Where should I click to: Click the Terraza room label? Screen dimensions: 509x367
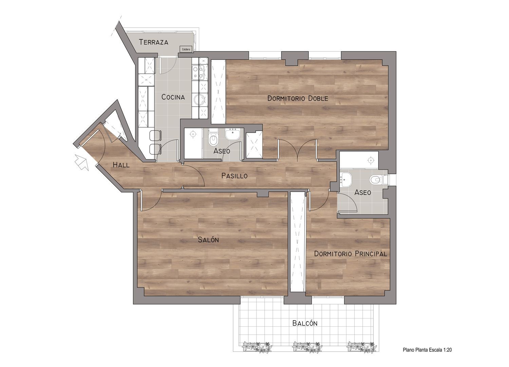pos(153,42)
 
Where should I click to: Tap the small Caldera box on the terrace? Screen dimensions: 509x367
pos(186,49)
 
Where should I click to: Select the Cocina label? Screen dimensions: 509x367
pos(173,97)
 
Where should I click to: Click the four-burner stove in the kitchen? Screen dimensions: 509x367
pos(198,72)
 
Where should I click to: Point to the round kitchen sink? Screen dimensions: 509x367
pos(200,100)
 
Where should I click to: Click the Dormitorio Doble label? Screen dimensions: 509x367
pos(298,98)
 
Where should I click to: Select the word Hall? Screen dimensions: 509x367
pos(121,165)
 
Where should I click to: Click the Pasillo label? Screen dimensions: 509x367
pos(234,176)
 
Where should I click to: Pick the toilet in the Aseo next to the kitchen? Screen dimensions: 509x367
pos(213,138)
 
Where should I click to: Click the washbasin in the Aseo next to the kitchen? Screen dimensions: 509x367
pos(232,134)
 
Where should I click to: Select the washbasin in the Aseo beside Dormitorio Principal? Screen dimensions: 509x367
pos(346,179)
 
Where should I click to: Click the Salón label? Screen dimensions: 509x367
pos(208,239)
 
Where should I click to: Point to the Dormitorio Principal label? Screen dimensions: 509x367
pos(351,254)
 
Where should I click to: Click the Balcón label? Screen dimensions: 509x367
pos(305,323)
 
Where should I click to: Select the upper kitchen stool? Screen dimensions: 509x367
pos(155,136)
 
